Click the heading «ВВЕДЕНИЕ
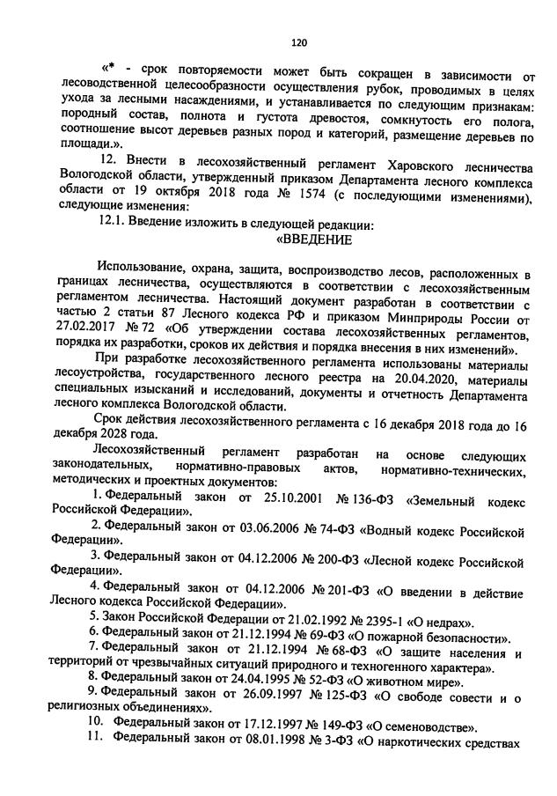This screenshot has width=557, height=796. pyautogui.click(x=314, y=240)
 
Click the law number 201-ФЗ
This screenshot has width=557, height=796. pyautogui.click(x=353, y=590)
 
